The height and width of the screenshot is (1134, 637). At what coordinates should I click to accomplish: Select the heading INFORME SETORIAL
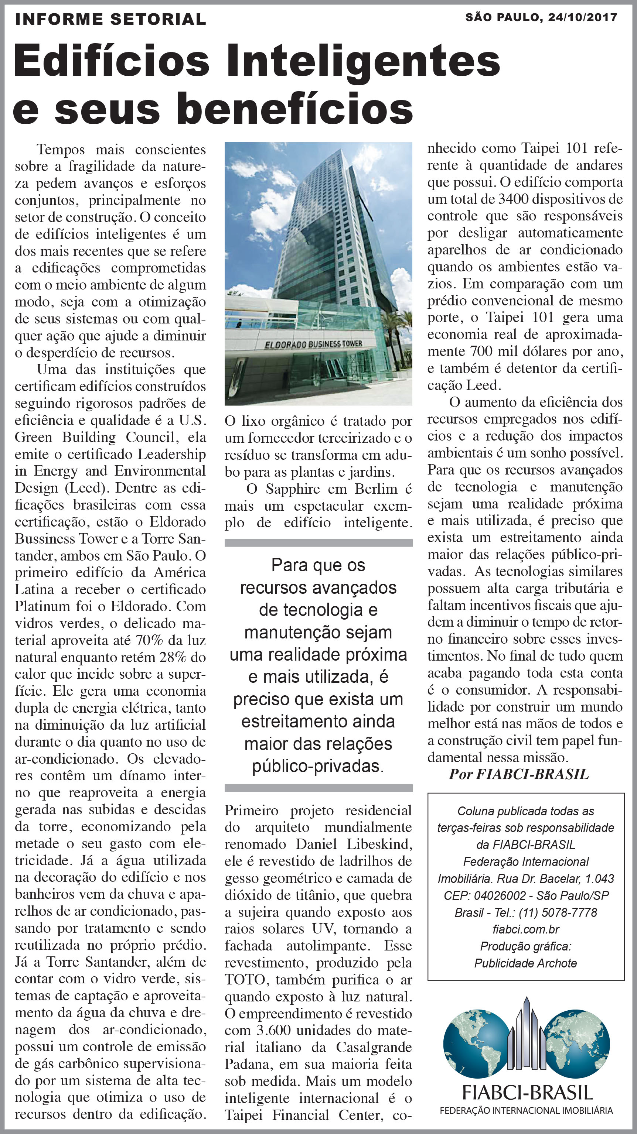click(110, 19)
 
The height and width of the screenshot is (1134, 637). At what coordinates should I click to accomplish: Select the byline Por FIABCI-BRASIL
click(518, 774)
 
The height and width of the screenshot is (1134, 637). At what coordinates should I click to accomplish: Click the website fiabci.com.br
click(525, 929)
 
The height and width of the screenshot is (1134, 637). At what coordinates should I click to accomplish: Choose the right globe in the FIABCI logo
click(577, 1044)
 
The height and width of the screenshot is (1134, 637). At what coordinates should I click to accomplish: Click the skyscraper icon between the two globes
click(526, 1035)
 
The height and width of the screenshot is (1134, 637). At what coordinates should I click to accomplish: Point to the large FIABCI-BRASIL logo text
click(527, 1093)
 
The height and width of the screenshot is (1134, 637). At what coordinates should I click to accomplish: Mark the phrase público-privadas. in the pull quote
click(318, 766)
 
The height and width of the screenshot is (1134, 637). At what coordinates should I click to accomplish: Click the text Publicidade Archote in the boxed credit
click(525, 963)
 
